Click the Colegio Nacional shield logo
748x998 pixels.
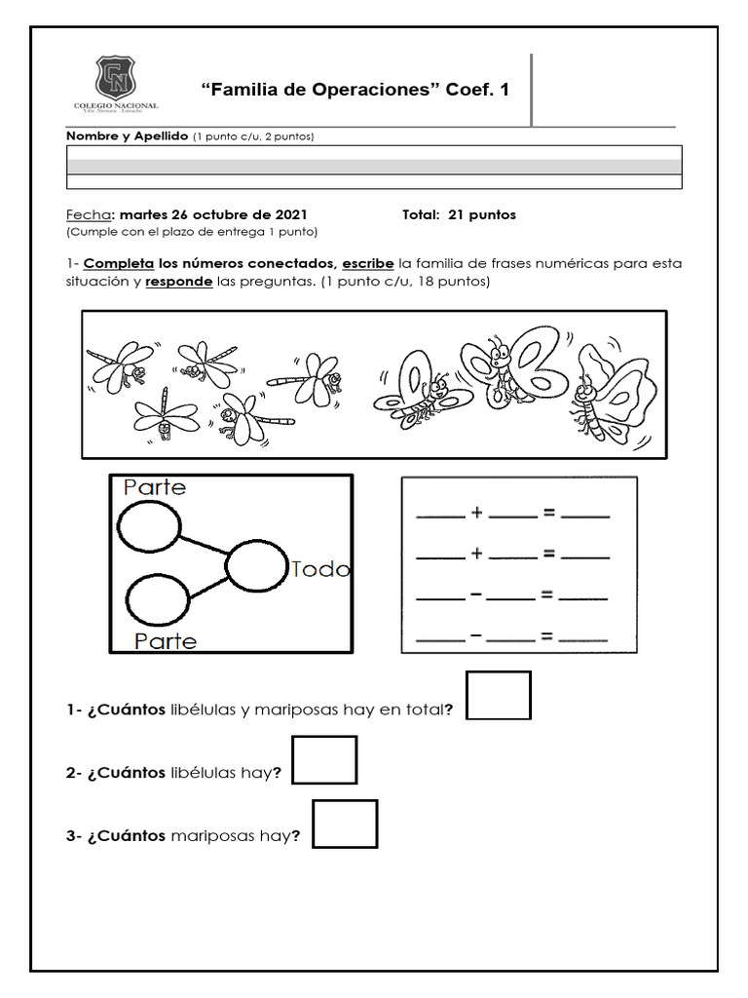[x=116, y=78]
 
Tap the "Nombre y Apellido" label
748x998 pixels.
[x=127, y=136]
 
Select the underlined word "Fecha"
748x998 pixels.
[x=89, y=214]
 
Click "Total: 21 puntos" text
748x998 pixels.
[x=459, y=214]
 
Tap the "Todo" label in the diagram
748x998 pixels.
[x=320, y=569]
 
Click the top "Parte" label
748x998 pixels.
[x=154, y=487]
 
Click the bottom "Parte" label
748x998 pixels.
[x=165, y=640]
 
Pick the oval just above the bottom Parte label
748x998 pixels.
[x=158, y=599]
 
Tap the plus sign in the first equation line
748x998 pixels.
[x=477, y=514]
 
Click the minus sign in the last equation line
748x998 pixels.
[x=476, y=635]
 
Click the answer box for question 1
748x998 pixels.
[x=499, y=695]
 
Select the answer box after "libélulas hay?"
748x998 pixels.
[x=324, y=760]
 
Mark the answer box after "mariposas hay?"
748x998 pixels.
[x=345, y=824]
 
